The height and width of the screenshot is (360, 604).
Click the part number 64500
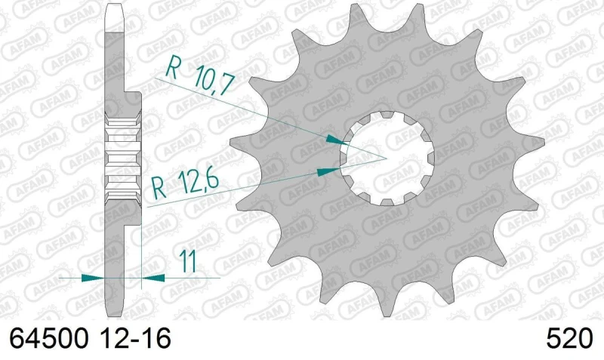point(48,339)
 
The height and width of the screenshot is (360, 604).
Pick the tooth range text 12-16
point(136,339)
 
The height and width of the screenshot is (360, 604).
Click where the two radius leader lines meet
point(385,158)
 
